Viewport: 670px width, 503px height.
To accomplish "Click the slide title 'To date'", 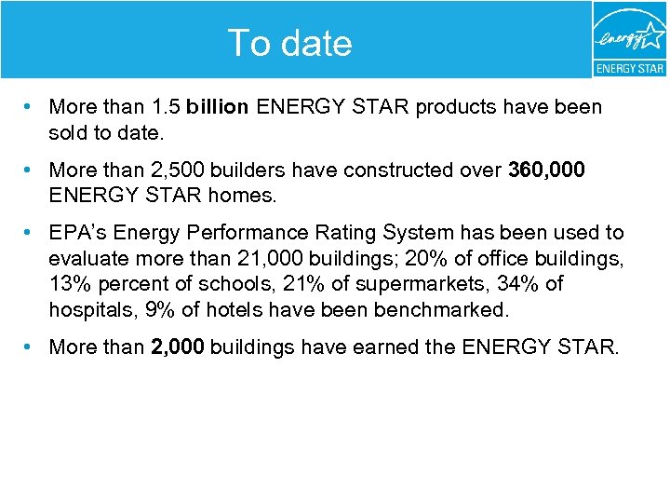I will [289, 43].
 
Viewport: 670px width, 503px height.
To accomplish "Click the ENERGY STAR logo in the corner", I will [630, 39].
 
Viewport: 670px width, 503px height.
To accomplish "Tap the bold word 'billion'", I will [217, 107].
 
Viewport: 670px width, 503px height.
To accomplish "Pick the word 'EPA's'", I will [78, 233].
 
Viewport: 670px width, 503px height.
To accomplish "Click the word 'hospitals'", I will [88, 308].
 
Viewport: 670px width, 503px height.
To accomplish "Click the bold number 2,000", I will [178, 347].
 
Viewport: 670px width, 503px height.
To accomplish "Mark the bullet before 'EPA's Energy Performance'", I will [31, 233].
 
